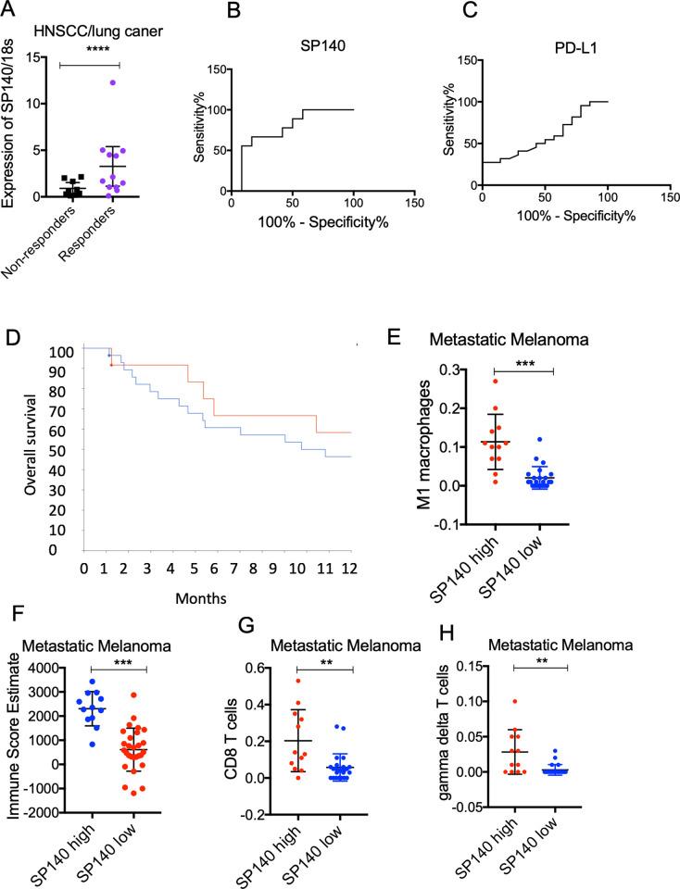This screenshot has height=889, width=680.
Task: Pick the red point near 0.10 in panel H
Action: (514, 702)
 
